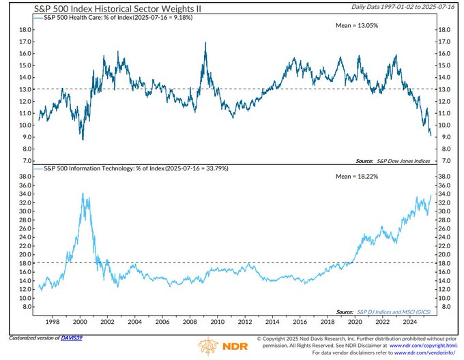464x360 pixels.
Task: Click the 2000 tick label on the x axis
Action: click(79, 321)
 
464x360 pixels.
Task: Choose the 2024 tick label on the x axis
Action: click(407, 321)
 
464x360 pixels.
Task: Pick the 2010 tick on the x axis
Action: click(217, 321)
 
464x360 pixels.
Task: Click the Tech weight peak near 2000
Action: click(83, 194)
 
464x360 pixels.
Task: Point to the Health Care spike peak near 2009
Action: click(205, 43)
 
